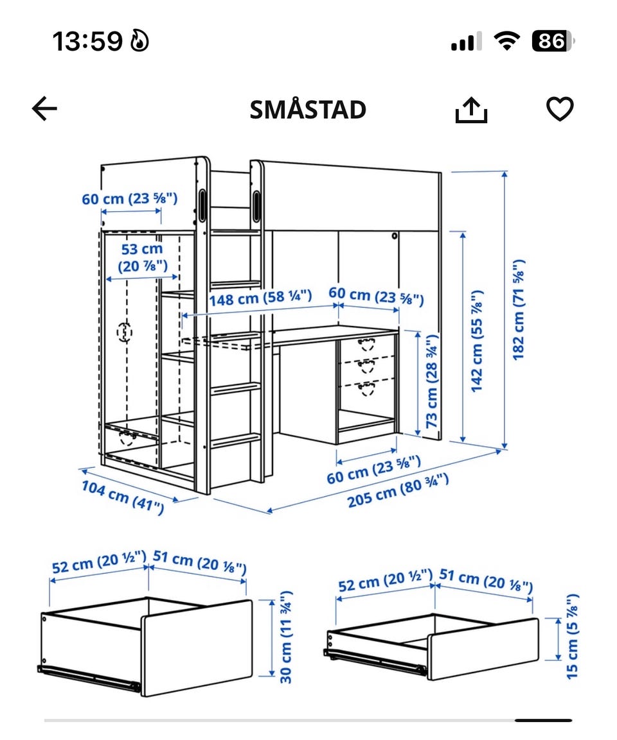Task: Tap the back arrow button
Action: click(x=44, y=108)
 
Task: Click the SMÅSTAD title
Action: click(x=308, y=109)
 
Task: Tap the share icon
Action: click(x=471, y=110)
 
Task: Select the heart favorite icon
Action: click(x=560, y=109)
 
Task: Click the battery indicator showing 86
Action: click(x=553, y=41)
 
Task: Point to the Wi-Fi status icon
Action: click(x=506, y=41)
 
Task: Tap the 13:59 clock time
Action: click(x=87, y=41)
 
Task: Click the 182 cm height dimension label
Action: click(x=518, y=309)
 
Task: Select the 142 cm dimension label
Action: click(x=477, y=341)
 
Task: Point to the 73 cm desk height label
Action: click(x=432, y=381)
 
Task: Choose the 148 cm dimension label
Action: click(x=260, y=298)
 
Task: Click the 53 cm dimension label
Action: click(x=142, y=257)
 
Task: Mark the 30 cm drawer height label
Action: click(x=286, y=637)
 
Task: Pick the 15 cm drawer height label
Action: click(x=571, y=636)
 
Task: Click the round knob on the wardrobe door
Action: click(x=124, y=332)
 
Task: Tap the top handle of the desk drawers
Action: click(x=366, y=344)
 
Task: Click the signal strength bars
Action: click(x=467, y=42)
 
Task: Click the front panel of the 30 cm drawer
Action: click(x=197, y=648)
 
